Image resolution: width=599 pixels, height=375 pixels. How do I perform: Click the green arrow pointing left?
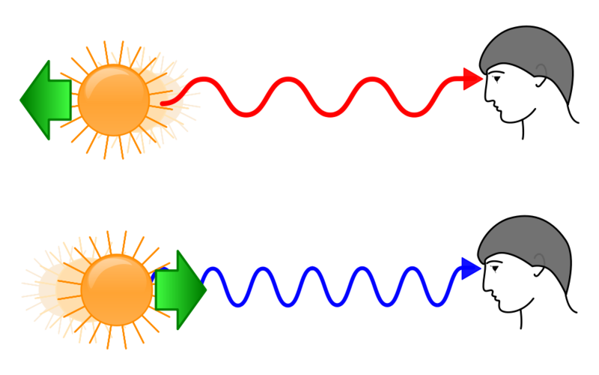[x=45, y=100]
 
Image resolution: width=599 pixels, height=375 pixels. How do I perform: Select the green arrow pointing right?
[x=180, y=289]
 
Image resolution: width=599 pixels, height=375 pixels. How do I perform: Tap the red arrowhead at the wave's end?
[x=472, y=78]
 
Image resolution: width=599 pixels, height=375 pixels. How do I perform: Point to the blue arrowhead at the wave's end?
[x=471, y=268]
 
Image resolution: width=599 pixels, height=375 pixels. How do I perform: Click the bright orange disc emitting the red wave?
[x=113, y=100]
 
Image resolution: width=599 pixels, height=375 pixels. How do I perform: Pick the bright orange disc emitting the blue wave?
[x=117, y=289]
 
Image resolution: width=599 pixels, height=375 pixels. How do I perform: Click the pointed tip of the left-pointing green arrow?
[x=20, y=100]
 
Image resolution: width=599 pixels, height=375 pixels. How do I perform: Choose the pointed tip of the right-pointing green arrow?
[x=207, y=289]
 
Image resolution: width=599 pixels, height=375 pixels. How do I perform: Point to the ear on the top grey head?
[x=541, y=70]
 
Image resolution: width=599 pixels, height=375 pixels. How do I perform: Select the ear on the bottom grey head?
[x=539, y=259]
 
